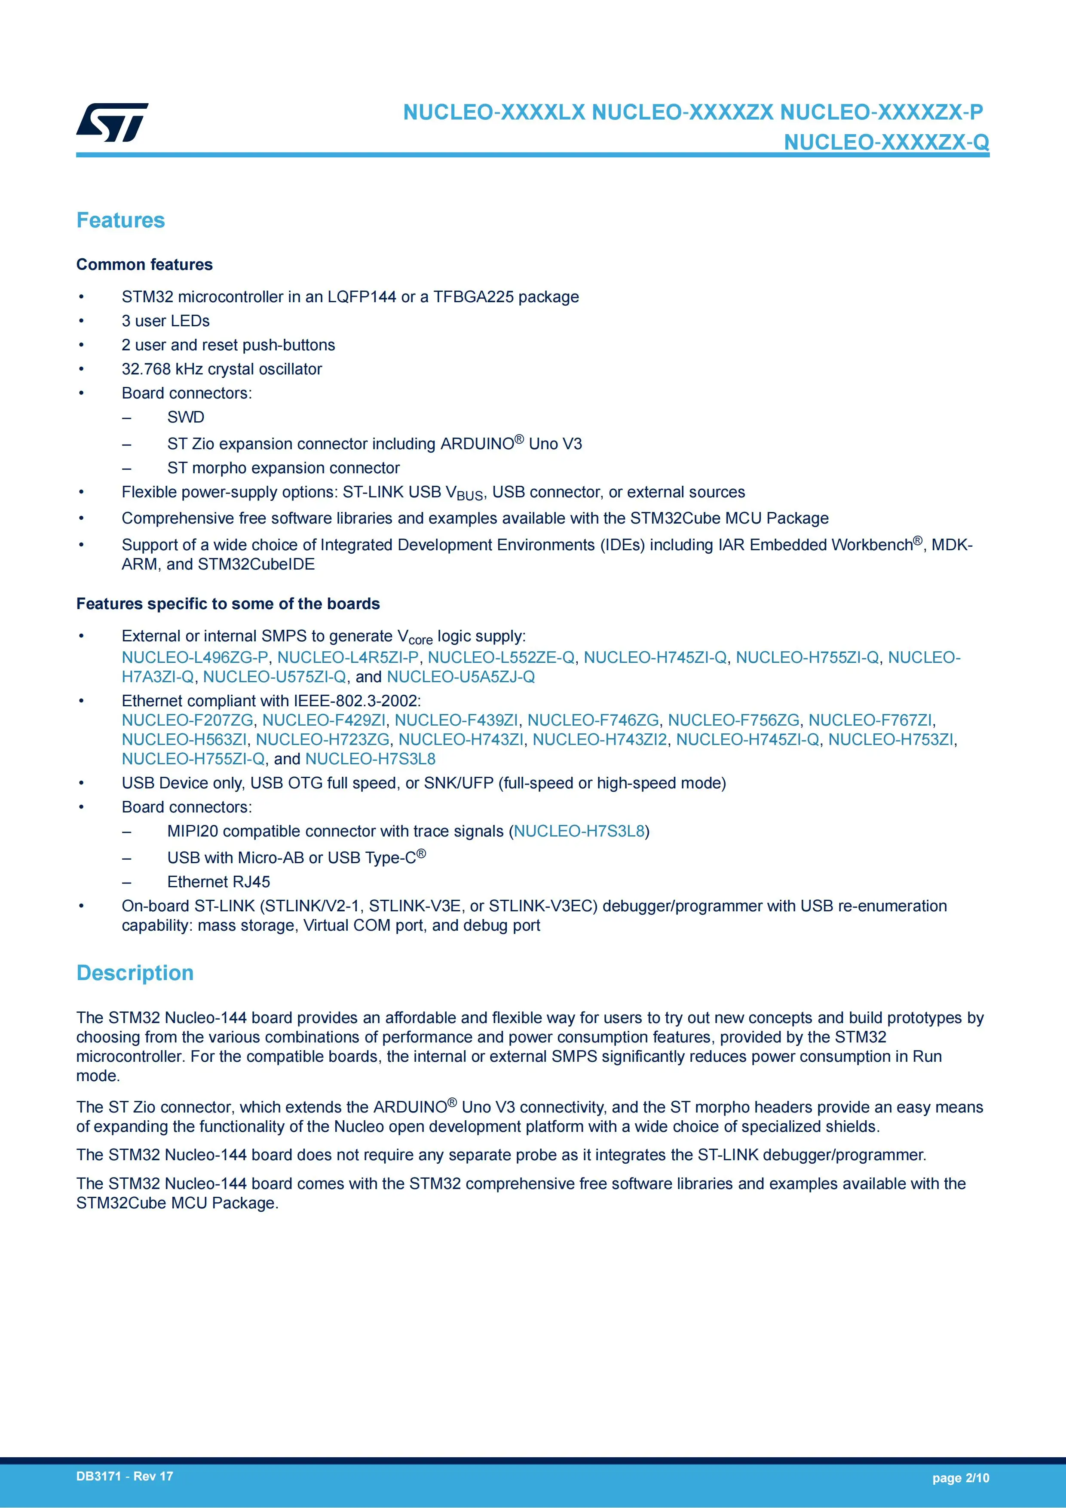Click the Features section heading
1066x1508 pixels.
[120, 220]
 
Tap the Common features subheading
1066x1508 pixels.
[144, 265]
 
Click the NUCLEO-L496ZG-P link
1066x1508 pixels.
[195, 657]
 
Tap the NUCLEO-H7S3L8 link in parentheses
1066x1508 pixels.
[579, 831]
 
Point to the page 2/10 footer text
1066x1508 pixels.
[960, 1478]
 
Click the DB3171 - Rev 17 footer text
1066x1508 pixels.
[125, 1477]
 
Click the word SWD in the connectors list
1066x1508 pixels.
[186, 418]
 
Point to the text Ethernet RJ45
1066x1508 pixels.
[219, 882]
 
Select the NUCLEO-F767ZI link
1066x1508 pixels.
[870, 720]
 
